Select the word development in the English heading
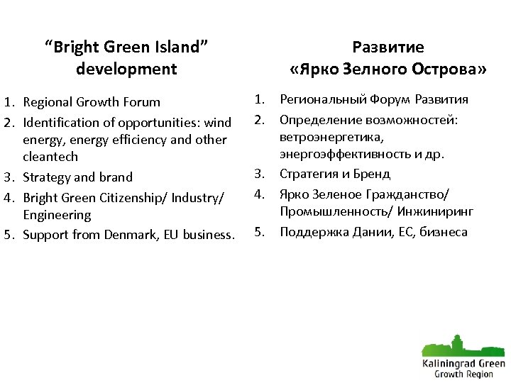tap(126, 69)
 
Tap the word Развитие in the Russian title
tap(388, 48)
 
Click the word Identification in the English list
tap(58, 123)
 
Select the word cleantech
tap(50, 157)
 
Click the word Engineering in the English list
tap(57, 215)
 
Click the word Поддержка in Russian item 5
tap(309, 231)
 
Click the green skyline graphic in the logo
tap(462, 345)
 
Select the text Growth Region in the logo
tap(463, 373)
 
